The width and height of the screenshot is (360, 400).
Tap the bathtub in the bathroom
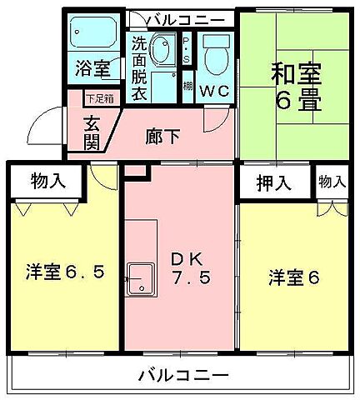tap(94, 34)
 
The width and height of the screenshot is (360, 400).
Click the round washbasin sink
tap(163, 53)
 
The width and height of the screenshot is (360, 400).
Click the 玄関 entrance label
tap(92, 132)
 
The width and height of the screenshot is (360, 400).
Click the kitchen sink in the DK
tap(139, 275)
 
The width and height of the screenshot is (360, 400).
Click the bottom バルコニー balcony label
tap(183, 376)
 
